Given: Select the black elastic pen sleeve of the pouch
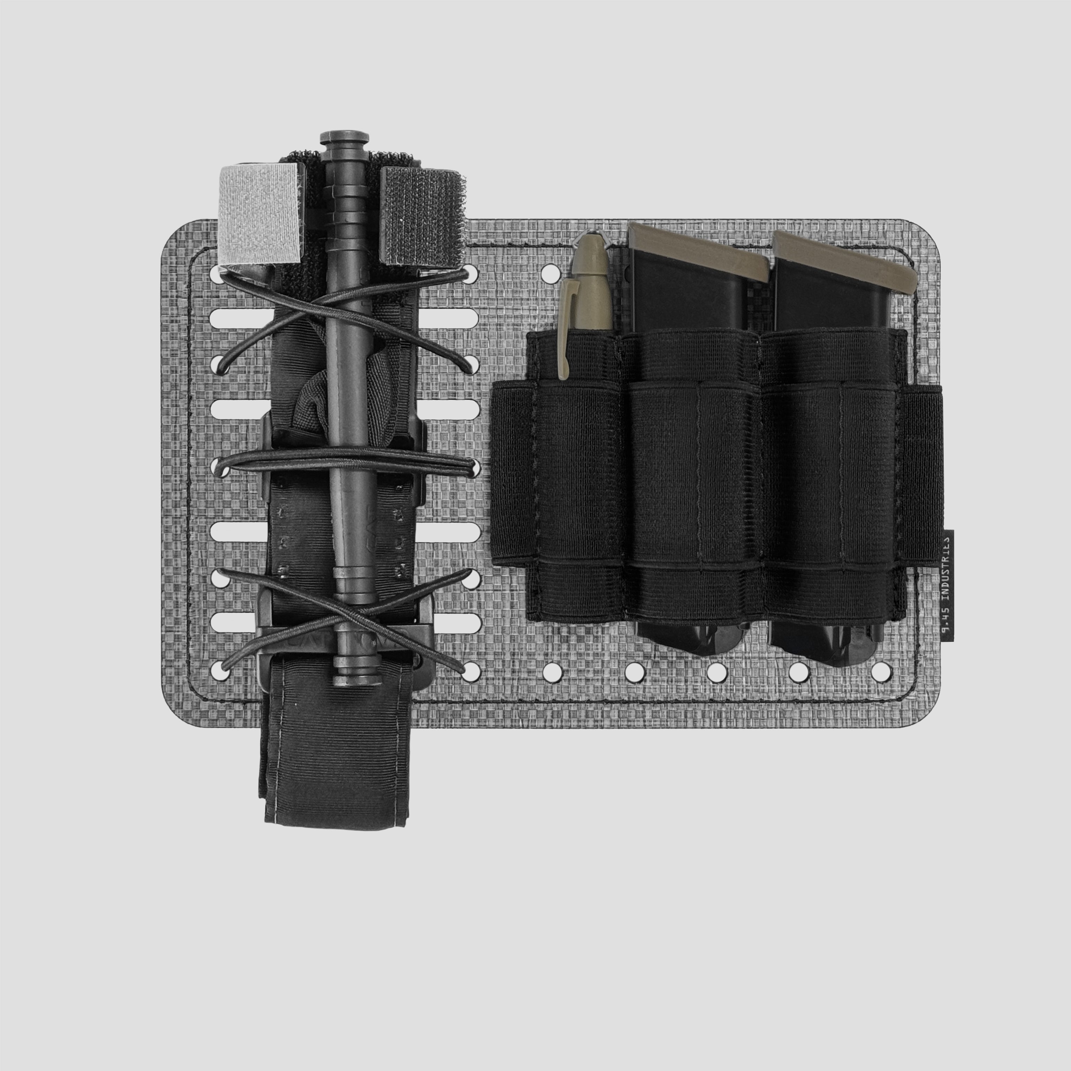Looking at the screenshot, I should point(577,477).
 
